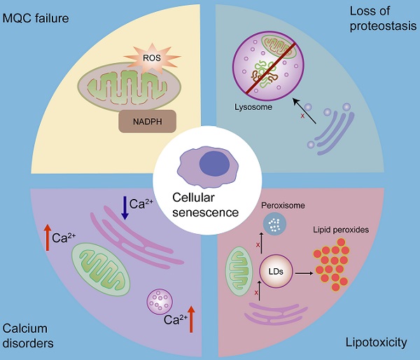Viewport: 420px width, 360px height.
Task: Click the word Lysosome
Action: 251,108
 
